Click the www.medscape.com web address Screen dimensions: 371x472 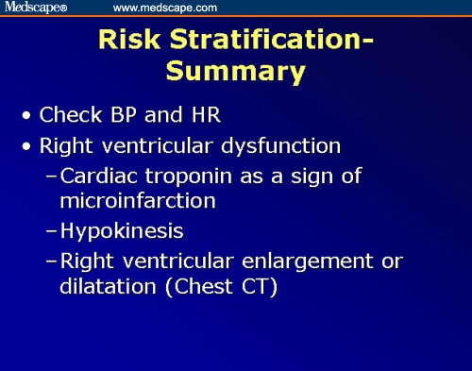(165, 8)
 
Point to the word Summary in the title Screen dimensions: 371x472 (235, 72)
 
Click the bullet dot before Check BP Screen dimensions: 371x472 (28, 117)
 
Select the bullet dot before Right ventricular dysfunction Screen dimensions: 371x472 (28, 147)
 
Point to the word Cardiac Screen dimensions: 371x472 (96, 177)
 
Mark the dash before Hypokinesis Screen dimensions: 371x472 (52, 230)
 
